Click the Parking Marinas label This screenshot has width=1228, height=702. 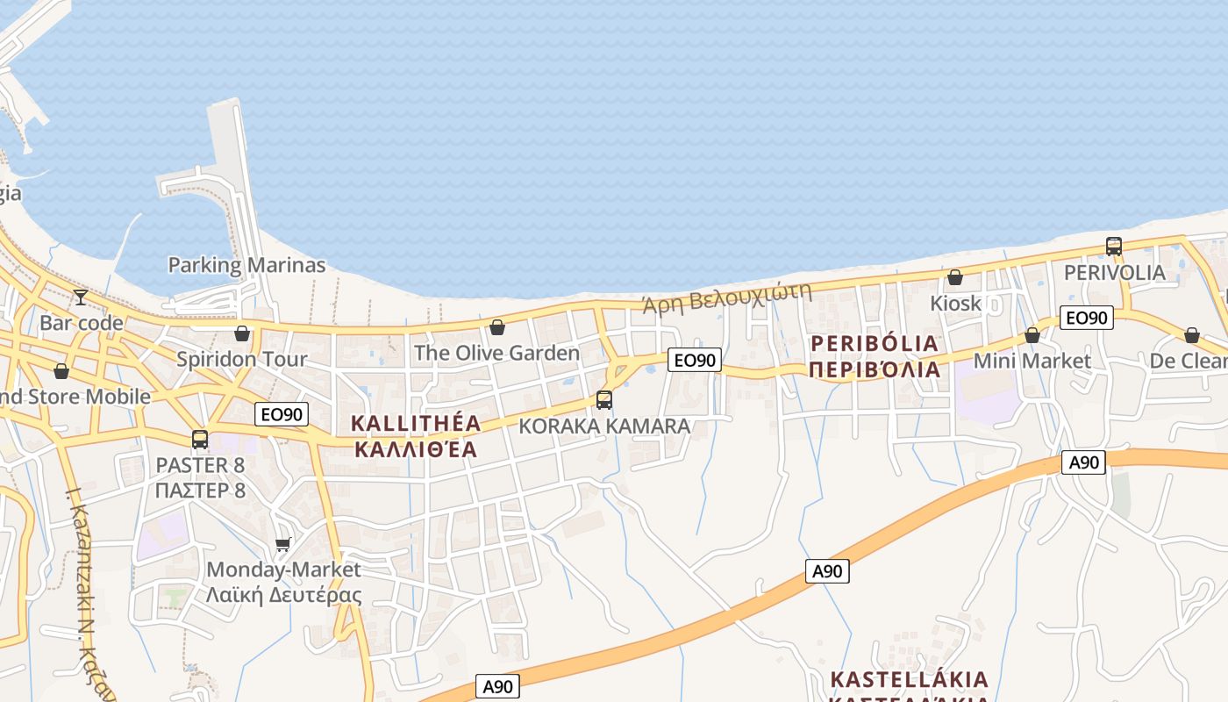246,265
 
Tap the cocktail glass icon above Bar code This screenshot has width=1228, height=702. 81,297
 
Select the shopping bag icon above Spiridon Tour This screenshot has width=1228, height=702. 242,333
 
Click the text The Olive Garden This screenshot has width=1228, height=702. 496,353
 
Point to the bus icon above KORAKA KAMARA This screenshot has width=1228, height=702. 603,400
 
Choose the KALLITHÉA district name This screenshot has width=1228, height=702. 416,423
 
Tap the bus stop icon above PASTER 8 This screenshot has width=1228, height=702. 200,440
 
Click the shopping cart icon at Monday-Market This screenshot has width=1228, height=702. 282,545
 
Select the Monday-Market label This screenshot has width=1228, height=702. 283,569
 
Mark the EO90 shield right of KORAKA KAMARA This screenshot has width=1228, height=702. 694,360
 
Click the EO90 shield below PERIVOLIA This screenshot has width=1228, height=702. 1086,318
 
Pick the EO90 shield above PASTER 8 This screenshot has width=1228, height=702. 282,414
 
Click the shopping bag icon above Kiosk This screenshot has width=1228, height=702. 955,278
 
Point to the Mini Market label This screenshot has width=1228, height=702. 1032,361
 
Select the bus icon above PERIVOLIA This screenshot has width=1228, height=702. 1113,247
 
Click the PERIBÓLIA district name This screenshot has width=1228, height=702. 875,343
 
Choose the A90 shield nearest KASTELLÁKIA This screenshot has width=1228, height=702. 827,571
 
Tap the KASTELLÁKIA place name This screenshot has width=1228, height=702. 910,680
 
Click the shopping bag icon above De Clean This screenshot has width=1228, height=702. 1191,335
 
